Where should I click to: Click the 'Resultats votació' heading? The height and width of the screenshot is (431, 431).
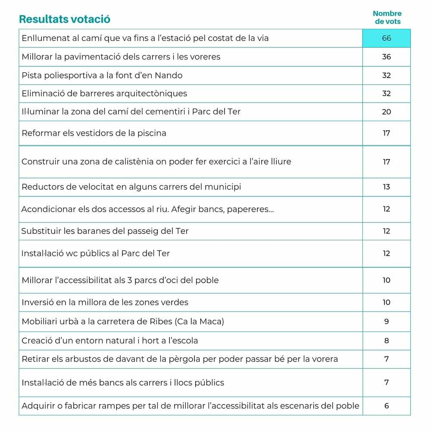click(x=65, y=19)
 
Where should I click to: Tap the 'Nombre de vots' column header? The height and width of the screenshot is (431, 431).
click(x=387, y=18)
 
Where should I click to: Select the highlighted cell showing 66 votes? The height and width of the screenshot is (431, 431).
click(x=386, y=38)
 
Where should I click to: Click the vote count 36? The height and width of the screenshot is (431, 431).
click(x=386, y=57)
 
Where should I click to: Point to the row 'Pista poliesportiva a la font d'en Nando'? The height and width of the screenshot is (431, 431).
click(x=102, y=75)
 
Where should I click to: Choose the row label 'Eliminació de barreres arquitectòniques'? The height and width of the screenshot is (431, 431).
click(x=104, y=94)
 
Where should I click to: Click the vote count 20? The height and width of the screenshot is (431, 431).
click(x=386, y=112)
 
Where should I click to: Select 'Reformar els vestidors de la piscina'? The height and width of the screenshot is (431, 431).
click(x=94, y=133)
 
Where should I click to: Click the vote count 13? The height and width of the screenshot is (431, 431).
click(x=386, y=187)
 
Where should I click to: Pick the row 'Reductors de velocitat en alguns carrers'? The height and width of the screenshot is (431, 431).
click(x=131, y=187)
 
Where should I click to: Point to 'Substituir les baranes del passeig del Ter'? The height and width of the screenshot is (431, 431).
click(x=105, y=231)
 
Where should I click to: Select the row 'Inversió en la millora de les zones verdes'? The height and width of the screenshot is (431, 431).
click(x=105, y=303)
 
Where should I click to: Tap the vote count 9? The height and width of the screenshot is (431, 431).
click(x=386, y=322)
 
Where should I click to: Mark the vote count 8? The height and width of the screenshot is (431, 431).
click(x=386, y=341)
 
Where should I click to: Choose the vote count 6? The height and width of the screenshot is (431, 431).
click(x=386, y=406)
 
